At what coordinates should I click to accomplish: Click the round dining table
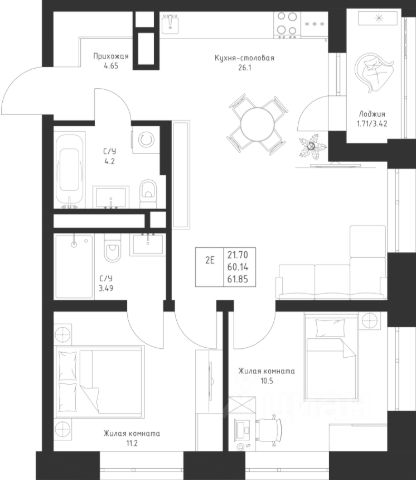(257, 125)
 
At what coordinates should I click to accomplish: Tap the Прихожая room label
(111, 56)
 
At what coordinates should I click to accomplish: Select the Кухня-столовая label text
(244, 58)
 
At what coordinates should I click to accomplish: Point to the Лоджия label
(372, 114)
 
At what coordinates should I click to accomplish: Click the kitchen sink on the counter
(170, 23)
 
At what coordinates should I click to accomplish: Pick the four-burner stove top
(287, 24)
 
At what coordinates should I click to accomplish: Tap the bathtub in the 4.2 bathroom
(69, 170)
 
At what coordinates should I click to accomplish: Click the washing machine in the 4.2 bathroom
(145, 140)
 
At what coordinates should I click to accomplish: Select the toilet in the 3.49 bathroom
(112, 247)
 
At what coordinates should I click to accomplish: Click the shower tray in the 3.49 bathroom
(74, 266)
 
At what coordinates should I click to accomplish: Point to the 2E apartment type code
(210, 260)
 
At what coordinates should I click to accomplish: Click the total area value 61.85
(238, 279)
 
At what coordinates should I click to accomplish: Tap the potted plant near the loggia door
(312, 146)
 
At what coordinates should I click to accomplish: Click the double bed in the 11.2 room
(100, 382)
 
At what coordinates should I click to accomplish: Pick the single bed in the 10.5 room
(331, 357)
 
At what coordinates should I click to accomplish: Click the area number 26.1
(245, 68)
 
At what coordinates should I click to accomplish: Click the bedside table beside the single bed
(369, 321)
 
